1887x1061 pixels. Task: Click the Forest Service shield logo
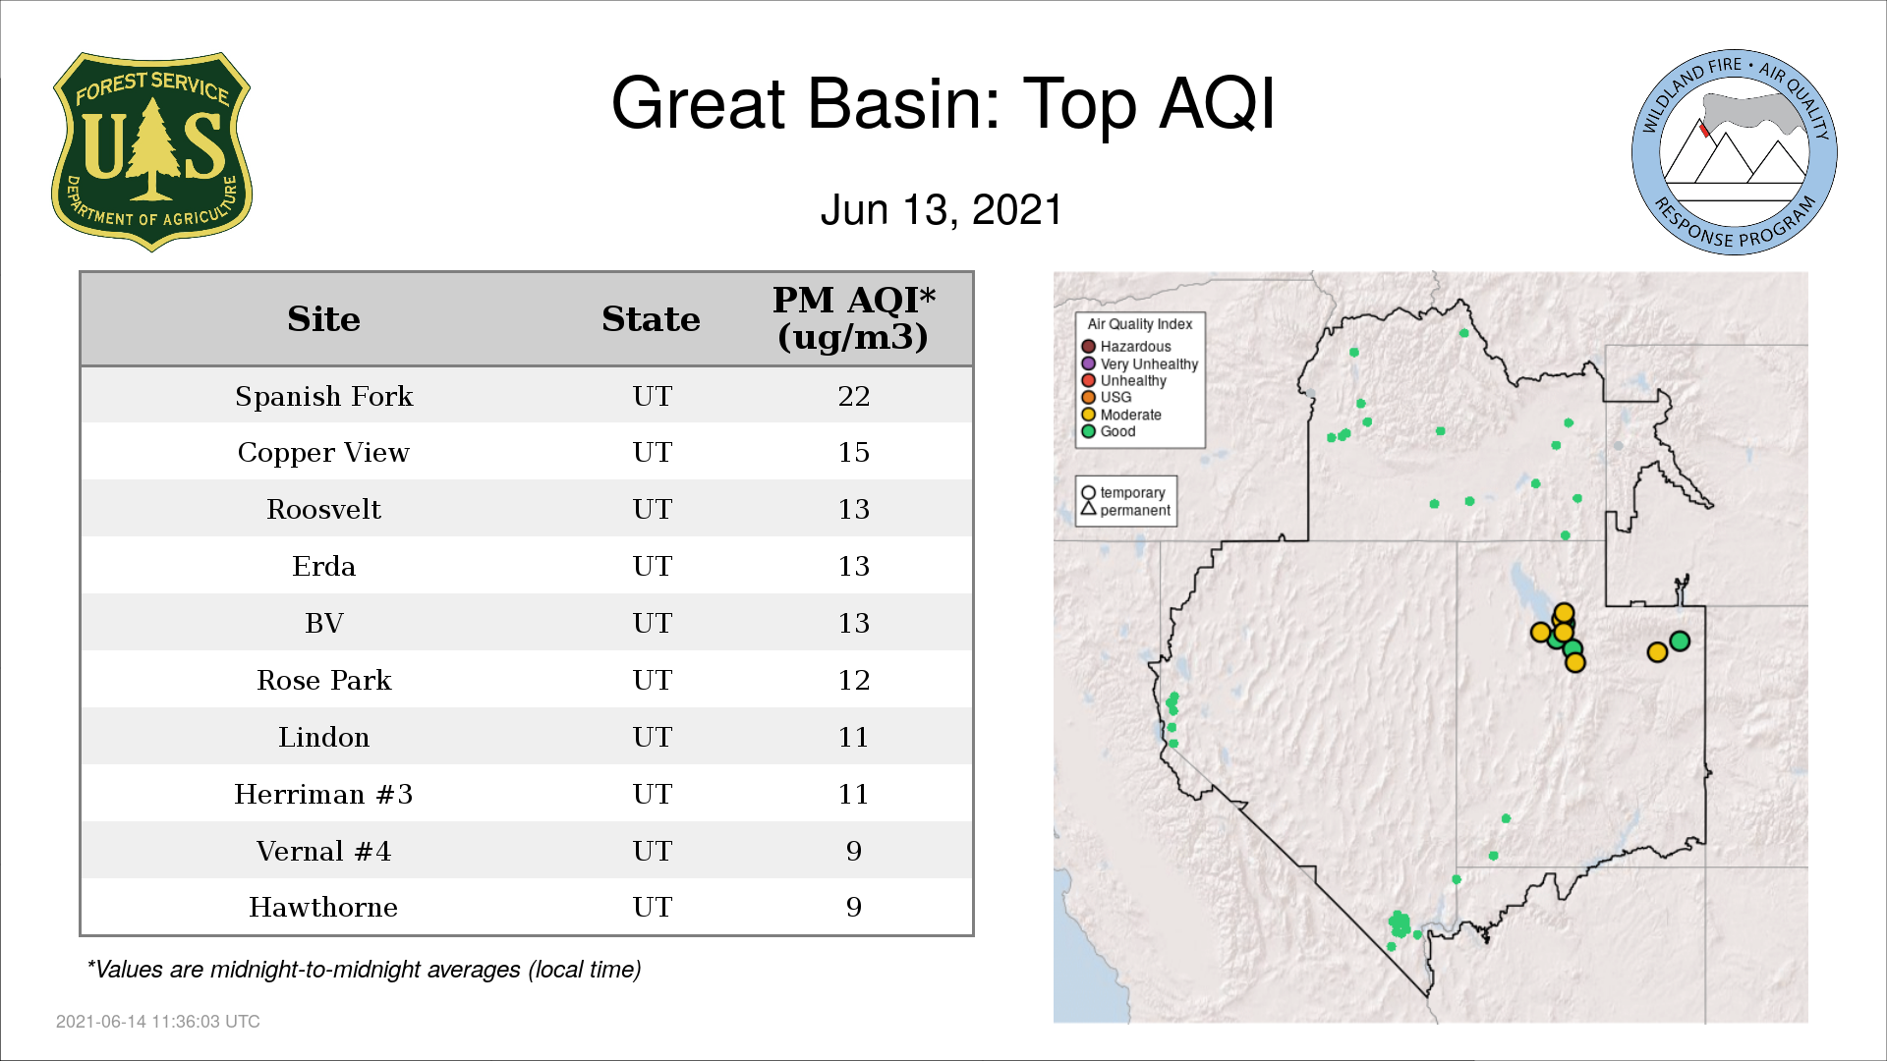tap(151, 151)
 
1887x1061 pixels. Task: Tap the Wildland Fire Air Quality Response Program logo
tap(1734, 152)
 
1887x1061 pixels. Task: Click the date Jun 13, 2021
tap(942, 210)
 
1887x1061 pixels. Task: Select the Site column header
tap(323, 319)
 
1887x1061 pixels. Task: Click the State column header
tap(651, 319)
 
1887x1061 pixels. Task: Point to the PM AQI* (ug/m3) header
tap(853, 318)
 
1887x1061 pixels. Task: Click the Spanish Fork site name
tap(323, 396)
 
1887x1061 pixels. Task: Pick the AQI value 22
tap(853, 396)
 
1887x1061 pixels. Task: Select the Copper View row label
tap(323, 453)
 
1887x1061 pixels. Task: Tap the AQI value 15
tap(853, 453)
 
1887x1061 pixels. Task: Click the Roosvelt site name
tap(323, 510)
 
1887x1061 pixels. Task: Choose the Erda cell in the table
tap(323, 567)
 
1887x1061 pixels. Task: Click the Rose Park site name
tap(323, 680)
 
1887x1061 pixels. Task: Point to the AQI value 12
tap(853, 680)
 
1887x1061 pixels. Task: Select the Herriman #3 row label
tap(323, 794)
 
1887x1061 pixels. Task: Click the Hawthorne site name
tap(323, 907)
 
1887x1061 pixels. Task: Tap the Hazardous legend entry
tap(1126, 347)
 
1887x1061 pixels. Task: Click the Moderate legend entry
tap(1121, 415)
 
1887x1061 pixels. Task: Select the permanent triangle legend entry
tap(1125, 510)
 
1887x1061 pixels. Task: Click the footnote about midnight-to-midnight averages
tap(364, 970)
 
